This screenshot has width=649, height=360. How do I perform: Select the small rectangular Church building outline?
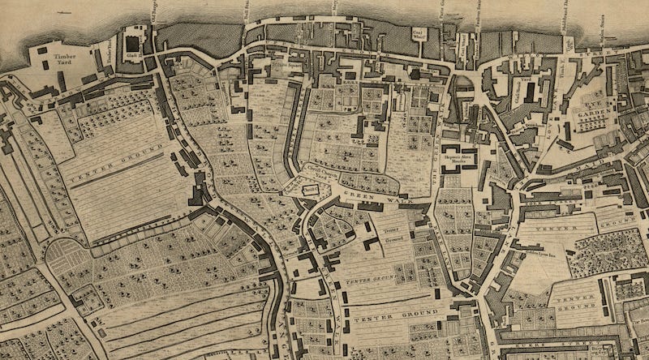point(308,189)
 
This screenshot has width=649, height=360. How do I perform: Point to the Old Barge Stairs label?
point(153,11)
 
